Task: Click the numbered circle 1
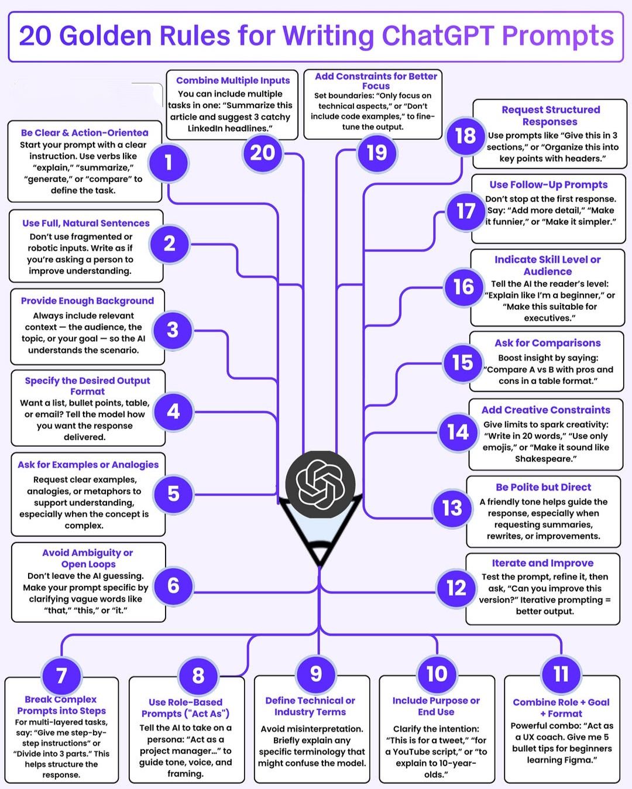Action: pos(169,162)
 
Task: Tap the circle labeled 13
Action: pos(452,508)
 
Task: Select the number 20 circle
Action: pos(263,153)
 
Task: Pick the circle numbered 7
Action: pos(61,675)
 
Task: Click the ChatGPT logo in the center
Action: pos(320,485)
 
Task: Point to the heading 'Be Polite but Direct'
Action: pos(543,487)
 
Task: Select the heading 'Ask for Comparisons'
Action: pos(548,343)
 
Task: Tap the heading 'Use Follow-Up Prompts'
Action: pos(548,185)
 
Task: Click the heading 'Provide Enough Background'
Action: pos(87,301)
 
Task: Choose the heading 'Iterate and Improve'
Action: pos(542,563)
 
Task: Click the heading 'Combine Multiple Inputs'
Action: pos(233,80)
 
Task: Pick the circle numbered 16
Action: pos(463,287)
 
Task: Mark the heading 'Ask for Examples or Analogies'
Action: pos(88,465)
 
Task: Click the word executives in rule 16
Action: pos(547,318)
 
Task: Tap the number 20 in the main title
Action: pos(35,36)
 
